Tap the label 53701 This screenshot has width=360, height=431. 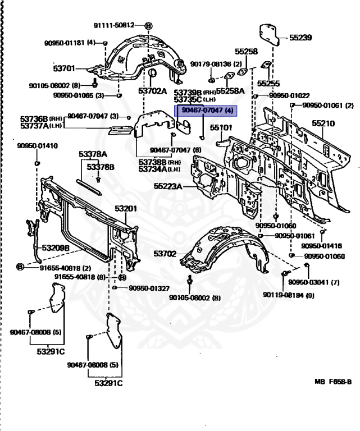[x=63, y=68]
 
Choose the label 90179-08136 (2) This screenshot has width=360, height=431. [x=216, y=64]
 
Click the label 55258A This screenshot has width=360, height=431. [x=231, y=90]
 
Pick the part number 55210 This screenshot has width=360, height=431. [x=323, y=123]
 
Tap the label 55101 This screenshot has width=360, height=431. [x=221, y=128]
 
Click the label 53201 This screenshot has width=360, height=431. [x=126, y=209]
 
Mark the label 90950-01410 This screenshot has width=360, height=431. [x=37, y=146]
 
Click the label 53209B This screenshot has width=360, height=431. [x=54, y=247]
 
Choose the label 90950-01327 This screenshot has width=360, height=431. [x=149, y=288]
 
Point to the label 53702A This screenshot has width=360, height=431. [x=153, y=90]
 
